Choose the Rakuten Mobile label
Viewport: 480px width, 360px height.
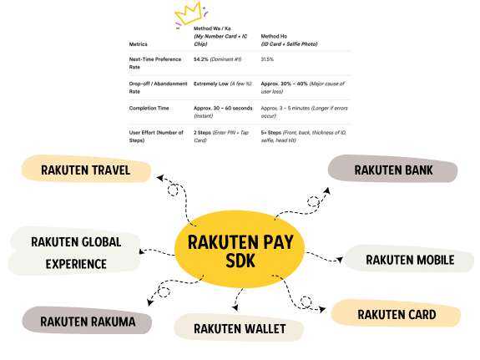pyautogui.click(x=410, y=259)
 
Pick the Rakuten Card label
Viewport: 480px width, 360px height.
pyautogui.click(x=397, y=313)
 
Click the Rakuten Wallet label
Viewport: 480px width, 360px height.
pyautogui.click(x=239, y=327)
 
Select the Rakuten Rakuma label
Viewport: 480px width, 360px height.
pyautogui.click(x=87, y=321)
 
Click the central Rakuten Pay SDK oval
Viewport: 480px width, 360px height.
pyautogui.click(x=240, y=250)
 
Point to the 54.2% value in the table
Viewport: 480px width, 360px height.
pyautogui.click(x=200, y=59)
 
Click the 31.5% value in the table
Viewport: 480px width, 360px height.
pyautogui.click(x=267, y=59)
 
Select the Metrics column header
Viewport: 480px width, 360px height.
pyautogui.click(x=138, y=44)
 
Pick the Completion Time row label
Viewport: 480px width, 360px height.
pyautogui.click(x=149, y=108)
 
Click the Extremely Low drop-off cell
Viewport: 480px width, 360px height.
pyautogui.click(x=223, y=84)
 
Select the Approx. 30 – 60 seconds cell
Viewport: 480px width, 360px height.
pyautogui.click(x=223, y=112)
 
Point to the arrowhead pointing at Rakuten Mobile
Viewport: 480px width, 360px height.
pyautogui.click(x=340, y=260)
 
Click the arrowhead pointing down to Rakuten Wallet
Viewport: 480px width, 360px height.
pyautogui.click(x=235, y=307)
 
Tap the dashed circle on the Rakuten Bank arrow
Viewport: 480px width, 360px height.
pyautogui.click(x=313, y=201)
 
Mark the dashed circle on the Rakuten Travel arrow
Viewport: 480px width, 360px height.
pyautogui.click(x=173, y=190)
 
